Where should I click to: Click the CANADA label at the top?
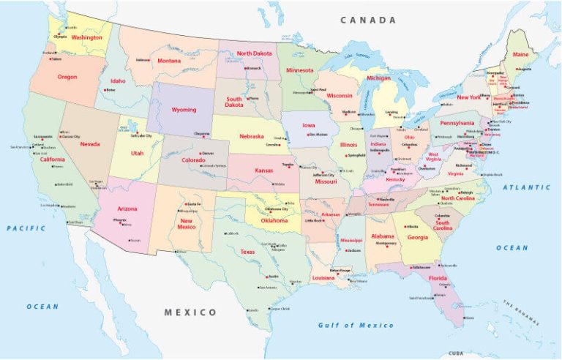pos(367,20)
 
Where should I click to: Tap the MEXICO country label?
pos(190,312)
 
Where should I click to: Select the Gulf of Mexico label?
pos(356,325)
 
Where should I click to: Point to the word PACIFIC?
pos(26,228)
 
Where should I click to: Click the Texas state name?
pos(247,252)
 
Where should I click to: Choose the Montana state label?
pos(168,60)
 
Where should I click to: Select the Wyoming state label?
pos(184,110)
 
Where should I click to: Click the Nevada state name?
pos(90,144)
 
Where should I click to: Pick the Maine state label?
pos(521,54)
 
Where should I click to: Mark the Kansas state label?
pos(263,170)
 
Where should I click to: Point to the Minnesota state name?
pos(299,70)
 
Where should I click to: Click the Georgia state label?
pos(418,237)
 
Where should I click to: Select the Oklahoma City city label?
pos(277,209)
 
